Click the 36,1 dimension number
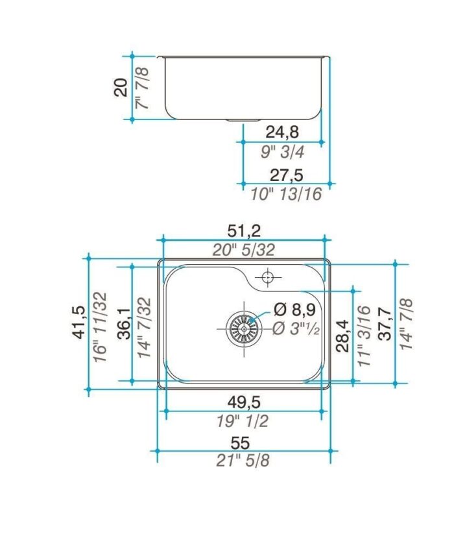click(x=124, y=323)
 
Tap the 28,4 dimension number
click(x=344, y=334)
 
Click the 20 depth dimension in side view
click(x=121, y=86)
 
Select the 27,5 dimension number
click(x=285, y=175)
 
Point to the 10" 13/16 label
click(x=286, y=193)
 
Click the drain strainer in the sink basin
click(x=243, y=329)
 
